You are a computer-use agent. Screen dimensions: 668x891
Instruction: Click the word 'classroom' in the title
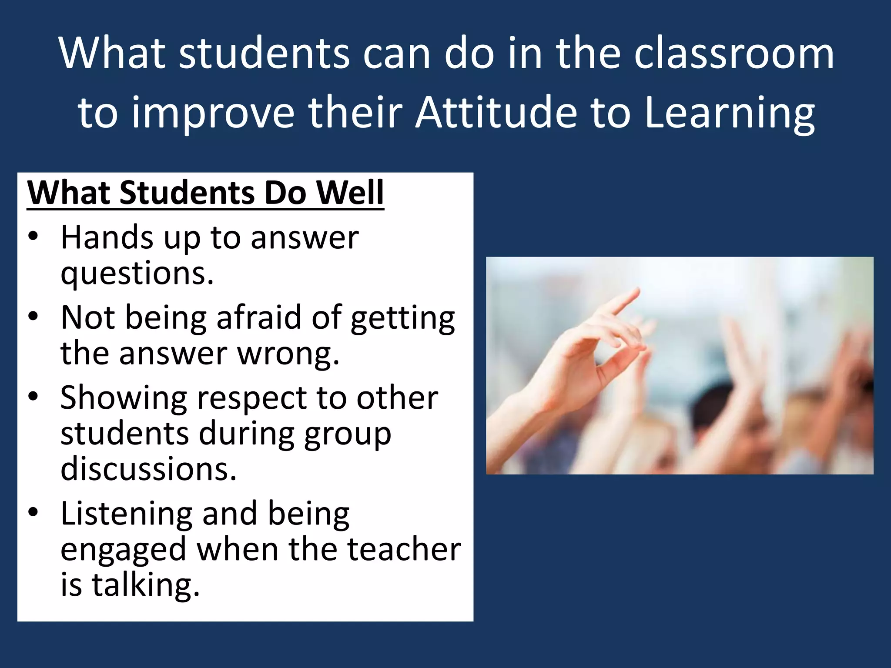click(x=734, y=54)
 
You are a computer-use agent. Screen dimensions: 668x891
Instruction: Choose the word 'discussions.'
click(x=148, y=469)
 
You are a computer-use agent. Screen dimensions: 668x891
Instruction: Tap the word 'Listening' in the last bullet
click(x=126, y=514)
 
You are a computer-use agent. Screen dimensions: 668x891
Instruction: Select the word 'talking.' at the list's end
click(x=146, y=585)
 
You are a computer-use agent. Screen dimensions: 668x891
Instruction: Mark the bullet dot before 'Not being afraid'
click(x=33, y=317)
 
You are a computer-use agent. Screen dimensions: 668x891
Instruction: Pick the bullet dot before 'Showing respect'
click(x=33, y=397)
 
